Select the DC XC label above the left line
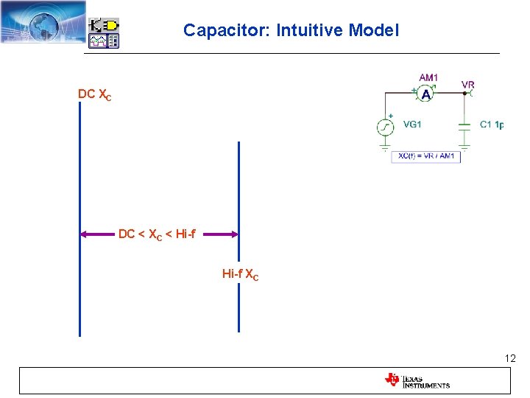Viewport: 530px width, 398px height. tap(95, 95)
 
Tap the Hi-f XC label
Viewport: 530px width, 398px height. tap(240, 274)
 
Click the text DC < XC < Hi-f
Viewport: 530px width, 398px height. tap(157, 234)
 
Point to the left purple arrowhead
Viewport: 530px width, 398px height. tap(84, 234)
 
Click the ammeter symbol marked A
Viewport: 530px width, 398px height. tap(426, 94)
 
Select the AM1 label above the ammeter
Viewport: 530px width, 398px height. tap(428, 77)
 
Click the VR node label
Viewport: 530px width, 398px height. tap(467, 85)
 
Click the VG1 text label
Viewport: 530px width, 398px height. tap(412, 125)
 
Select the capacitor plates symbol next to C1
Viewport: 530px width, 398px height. tap(464, 125)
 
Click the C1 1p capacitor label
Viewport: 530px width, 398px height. tap(492, 125)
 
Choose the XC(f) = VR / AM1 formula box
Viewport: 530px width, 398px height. tap(426, 156)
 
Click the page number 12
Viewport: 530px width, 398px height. tap(510, 358)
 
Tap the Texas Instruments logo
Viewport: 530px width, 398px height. tap(417, 380)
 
